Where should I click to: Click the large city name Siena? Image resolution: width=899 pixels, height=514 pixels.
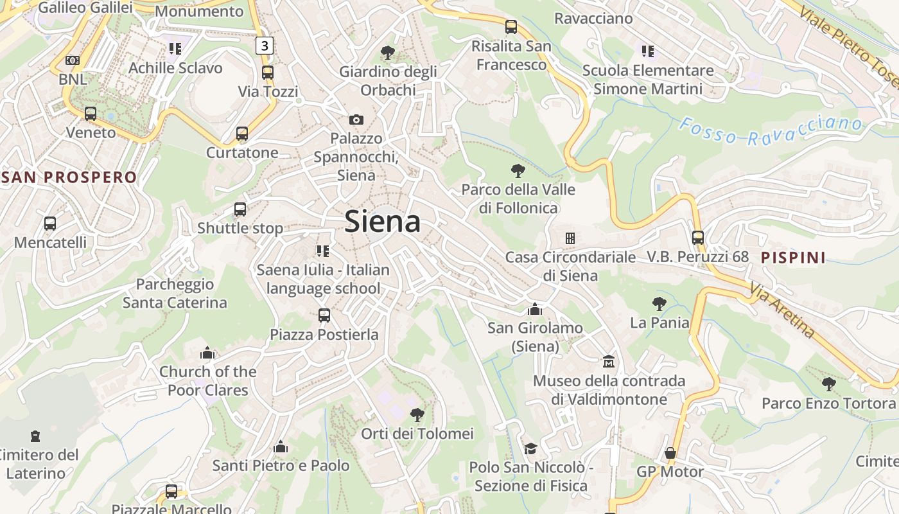click(383, 222)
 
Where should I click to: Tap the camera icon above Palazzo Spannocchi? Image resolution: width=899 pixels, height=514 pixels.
click(356, 120)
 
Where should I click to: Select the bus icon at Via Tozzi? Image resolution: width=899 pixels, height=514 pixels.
click(268, 73)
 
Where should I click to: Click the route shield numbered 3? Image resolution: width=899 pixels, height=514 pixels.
click(265, 46)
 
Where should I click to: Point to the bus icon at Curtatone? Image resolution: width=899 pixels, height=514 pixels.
click(241, 134)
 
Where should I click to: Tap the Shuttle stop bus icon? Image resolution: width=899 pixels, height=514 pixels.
click(240, 209)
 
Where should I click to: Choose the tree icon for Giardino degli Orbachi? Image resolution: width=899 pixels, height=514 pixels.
click(387, 52)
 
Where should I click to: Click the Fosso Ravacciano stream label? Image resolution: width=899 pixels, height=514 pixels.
click(770, 128)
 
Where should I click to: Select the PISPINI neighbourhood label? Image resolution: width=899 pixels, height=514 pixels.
click(793, 258)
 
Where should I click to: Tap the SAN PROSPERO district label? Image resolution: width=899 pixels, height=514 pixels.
click(69, 177)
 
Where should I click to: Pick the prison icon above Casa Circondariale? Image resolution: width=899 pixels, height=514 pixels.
click(570, 238)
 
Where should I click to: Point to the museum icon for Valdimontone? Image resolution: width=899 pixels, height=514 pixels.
click(609, 362)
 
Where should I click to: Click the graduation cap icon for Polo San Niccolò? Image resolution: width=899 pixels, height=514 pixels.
click(530, 448)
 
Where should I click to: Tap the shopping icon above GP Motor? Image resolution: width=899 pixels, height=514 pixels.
click(670, 453)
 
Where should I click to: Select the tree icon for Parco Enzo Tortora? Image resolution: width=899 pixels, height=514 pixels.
click(828, 384)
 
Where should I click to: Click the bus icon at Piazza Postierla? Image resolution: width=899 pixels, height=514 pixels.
click(324, 315)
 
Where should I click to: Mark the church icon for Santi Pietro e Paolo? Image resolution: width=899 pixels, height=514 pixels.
click(281, 447)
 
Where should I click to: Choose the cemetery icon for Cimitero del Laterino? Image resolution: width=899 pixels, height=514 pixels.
click(35, 436)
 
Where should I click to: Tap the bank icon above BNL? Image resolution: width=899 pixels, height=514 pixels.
click(73, 60)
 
